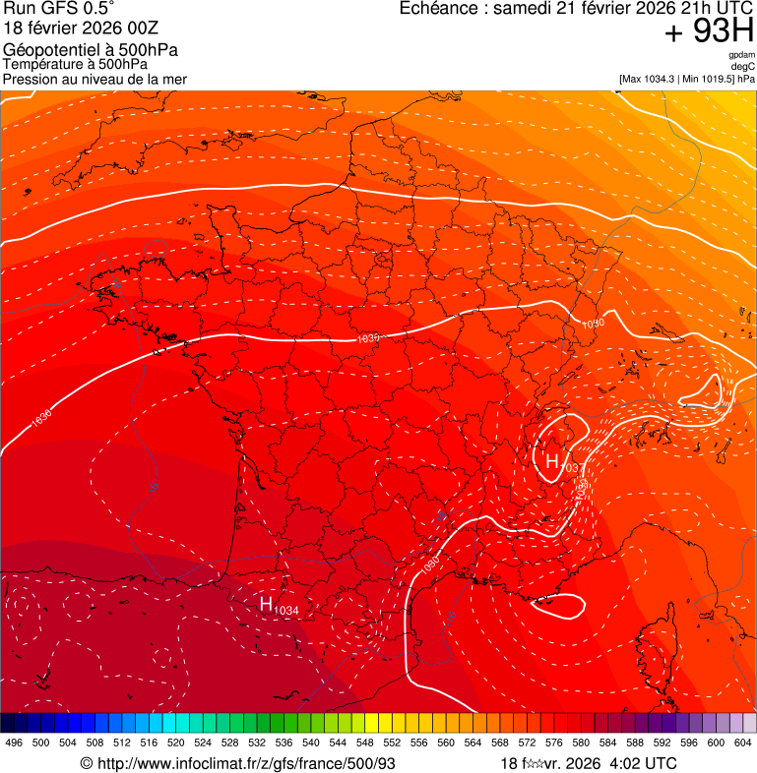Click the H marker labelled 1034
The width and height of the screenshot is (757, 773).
(266, 604)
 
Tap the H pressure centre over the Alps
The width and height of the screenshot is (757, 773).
(552, 460)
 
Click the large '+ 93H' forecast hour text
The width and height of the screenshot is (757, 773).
(709, 32)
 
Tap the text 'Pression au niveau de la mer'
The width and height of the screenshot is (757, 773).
(95, 79)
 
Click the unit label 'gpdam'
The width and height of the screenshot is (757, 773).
(742, 55)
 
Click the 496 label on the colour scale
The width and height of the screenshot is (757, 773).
(14, 743)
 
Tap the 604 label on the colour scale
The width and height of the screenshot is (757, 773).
(743, 743)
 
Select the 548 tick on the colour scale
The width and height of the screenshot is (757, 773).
(364, 743)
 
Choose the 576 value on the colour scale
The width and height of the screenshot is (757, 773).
(553, 743)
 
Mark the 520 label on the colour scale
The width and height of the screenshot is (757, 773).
(175, 743)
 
